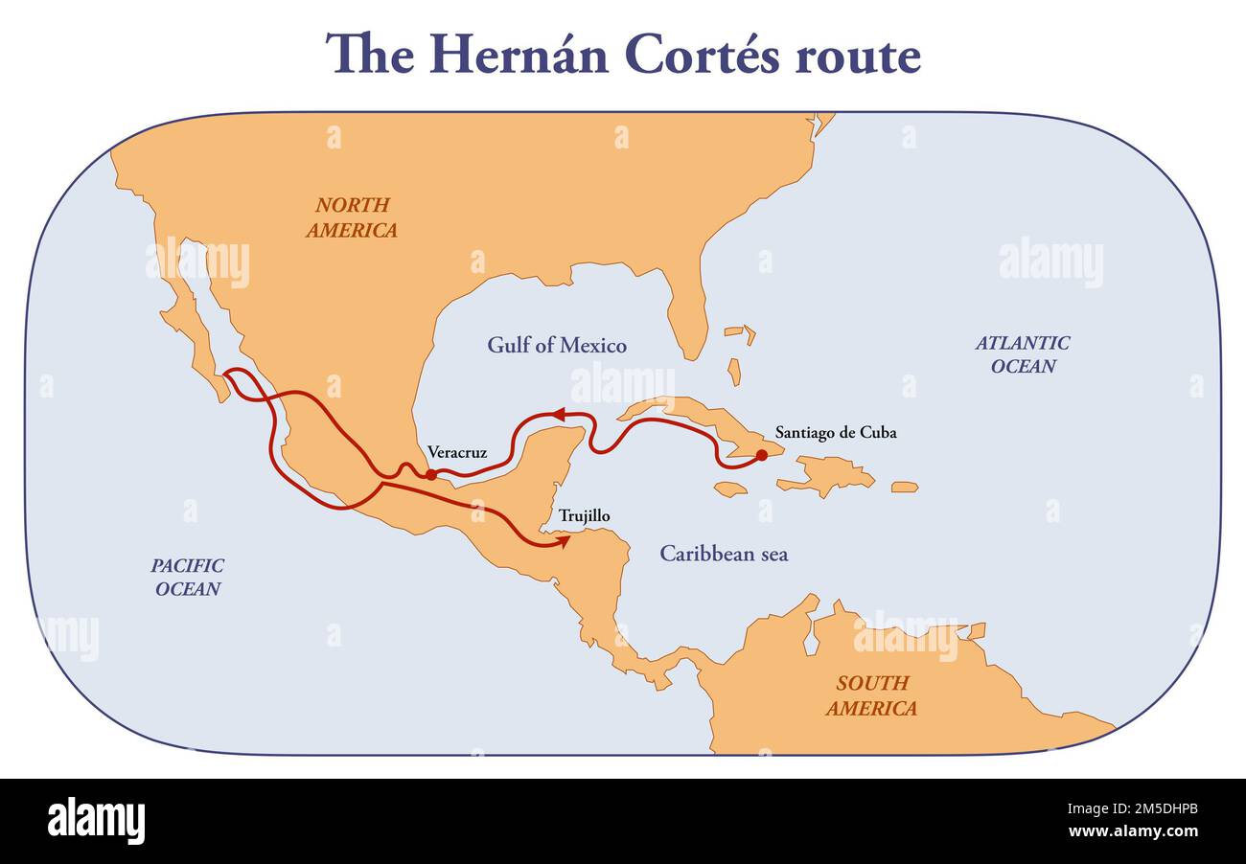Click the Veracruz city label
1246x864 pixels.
tap(457, 452)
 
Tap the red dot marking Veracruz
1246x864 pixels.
tap(431, 474)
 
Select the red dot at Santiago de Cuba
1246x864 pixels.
tap(761, 455)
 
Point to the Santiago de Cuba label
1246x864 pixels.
tap(836, 432)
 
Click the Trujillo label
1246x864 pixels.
tap(584, 516)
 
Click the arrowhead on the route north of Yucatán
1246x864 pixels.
tap(555, 415)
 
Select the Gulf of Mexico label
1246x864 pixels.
tap(557, 346)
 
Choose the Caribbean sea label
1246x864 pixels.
tap(724, 554)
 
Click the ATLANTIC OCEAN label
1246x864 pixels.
tap(1023, 354)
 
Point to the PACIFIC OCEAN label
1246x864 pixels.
tap(188, 577)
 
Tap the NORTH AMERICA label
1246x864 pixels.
tap(352, 217)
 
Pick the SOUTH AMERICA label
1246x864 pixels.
tap(871, 696)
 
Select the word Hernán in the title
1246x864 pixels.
tap(518, 55)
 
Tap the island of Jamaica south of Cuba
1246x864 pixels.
tap(730, 489)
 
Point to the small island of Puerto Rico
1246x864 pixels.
tap(904, 488)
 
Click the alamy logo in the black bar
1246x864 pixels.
tap(96, 821)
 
